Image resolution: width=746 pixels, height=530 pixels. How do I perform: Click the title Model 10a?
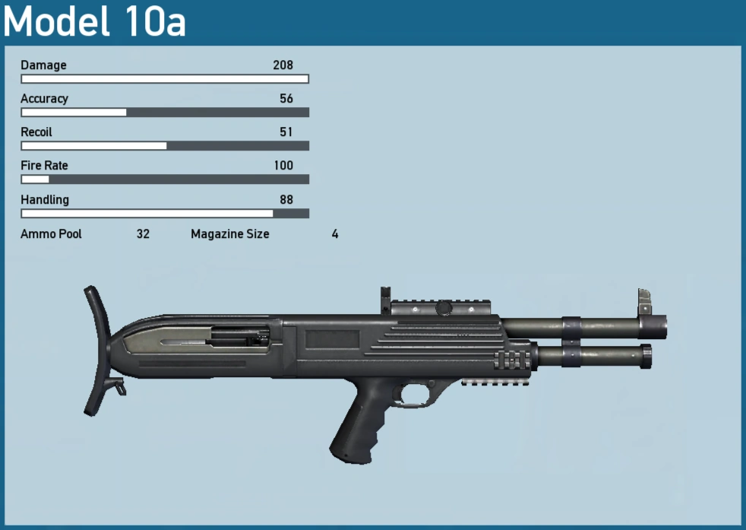pyautogui.click(x=95, y=22)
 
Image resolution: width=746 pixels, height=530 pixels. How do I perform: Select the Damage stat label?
pyautogui.click(x=43, y=65)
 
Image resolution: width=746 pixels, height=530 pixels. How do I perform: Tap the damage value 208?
pyautogui.click(x=283, y=65)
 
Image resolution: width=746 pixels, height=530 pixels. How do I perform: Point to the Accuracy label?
pyautogui.click(x=44, y=99)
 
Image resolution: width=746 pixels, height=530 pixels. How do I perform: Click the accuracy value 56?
pyautogui.click(x=286, y=99)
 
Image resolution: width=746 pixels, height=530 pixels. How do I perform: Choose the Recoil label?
pyautogui.click(x=36, y=132)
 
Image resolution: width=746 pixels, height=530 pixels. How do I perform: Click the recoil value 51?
pyautogui.click(x=286, y=132)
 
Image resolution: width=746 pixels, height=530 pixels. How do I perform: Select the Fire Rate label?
pyautogui.click(x=44, y=166)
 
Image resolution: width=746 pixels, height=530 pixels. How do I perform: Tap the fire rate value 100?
pyautogui.click(x=283, y=166)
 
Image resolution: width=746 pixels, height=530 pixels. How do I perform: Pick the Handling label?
pyautogui.click(x=44, y=200)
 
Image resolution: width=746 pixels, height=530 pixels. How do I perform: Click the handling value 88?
pyautogui.click(x=286, y=200)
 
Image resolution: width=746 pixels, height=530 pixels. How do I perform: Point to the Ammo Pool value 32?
pyautogui.click(x=143, y=234)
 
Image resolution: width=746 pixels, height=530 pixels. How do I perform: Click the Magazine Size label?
pyautogui.click(x=229, y=234)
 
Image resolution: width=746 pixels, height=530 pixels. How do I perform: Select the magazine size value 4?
pyautogui.click(x=335, y=234)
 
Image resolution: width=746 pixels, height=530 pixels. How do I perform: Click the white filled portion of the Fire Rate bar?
pyautogui.click(x=35, y=179)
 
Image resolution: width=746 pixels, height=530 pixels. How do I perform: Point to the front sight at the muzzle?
pyautogui.click(x=645, y=300)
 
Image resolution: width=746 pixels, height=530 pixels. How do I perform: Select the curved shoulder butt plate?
pyautogui.click(x=96, y=350)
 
